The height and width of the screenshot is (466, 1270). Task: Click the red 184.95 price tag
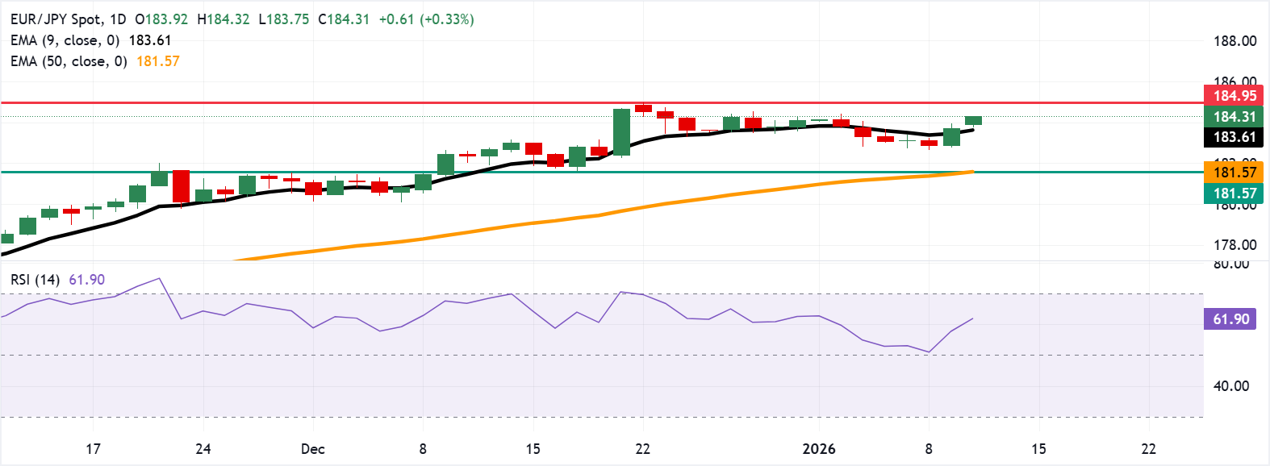(1234, 96)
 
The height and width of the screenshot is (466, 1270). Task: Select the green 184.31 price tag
(1234, 117)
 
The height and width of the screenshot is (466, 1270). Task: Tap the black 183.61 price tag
(1234, 137)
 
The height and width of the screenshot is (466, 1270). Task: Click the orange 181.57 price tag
(1234, 172)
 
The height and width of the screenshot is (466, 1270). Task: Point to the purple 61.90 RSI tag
(1230, 319)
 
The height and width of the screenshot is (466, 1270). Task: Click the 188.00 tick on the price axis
(1234, 41)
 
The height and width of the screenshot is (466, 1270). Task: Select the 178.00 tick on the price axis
(1234, 245)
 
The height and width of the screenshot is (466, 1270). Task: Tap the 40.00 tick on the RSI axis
(1231, 386)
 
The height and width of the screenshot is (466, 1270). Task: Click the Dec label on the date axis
(312, 449)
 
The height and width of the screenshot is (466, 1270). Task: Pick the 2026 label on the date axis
(819, 449)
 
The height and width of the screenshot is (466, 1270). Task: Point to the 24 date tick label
(203, 449)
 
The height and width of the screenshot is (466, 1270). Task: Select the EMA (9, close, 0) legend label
(65, 40)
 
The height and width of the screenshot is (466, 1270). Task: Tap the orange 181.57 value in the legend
(158, 61)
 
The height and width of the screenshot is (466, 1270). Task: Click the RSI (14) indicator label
(36, 280)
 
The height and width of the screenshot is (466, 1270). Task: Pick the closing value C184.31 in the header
(343, 19)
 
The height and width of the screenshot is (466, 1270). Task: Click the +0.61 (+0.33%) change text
(426, 19)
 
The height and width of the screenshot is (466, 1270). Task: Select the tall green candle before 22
(621, 132)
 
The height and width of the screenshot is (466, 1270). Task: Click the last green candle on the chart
(973, 121)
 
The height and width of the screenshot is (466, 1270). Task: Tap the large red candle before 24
(181, 186)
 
